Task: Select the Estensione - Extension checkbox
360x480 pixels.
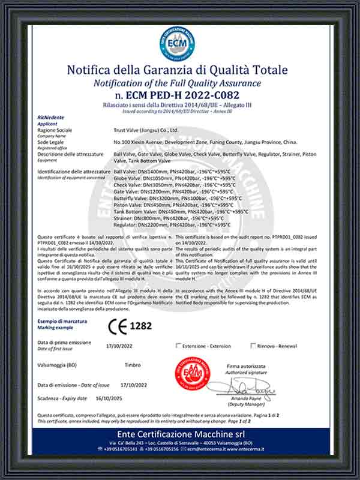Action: pos(178,346)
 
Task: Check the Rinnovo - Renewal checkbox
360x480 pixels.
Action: pos(252,346)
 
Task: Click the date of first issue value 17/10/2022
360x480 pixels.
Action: pos(118,346)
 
